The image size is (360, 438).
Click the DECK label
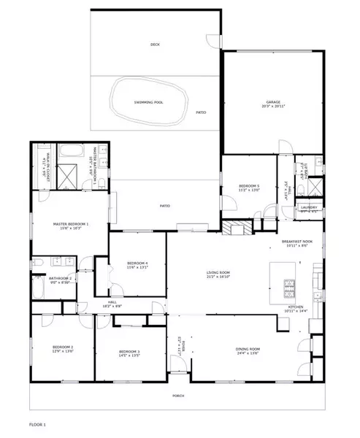tap(155, 45)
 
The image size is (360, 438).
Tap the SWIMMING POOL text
tap(148, 102)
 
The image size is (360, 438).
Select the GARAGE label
tap(274, 102)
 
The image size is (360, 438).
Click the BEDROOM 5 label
tap(249, 186)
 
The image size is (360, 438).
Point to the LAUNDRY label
tap(308, 207)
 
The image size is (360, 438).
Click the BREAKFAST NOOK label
tap(296, 242)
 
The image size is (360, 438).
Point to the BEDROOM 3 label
tap(129, 352)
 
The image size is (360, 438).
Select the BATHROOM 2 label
tap(59, 278)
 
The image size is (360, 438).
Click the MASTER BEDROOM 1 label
tap(70, 224)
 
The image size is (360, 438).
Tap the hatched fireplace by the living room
tap(237, 229)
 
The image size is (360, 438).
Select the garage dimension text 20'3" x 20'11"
tap(274, 107)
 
